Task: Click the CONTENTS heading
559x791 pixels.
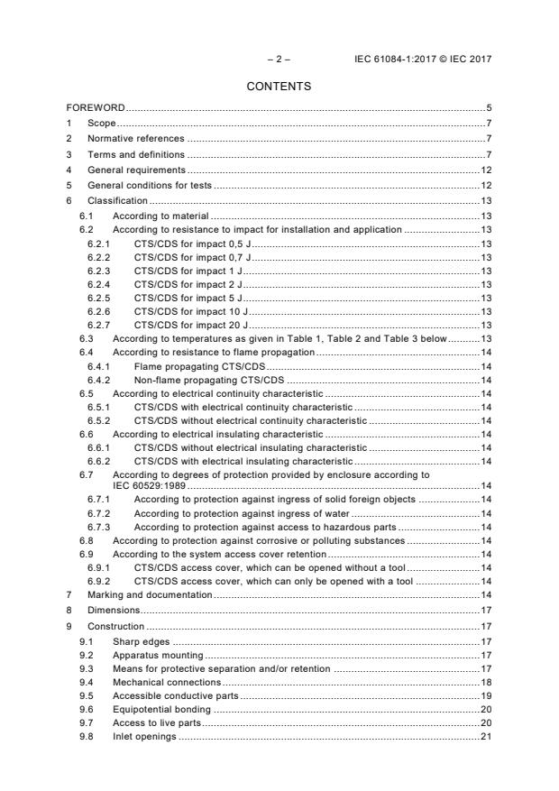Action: [279, 87]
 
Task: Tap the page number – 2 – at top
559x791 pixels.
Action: [279, 59]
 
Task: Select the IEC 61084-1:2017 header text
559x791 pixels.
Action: [425, 59]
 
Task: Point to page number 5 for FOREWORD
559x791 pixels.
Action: [488, 108]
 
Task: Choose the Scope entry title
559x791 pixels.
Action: [102, 123]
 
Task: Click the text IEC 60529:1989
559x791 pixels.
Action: [147, 485]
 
